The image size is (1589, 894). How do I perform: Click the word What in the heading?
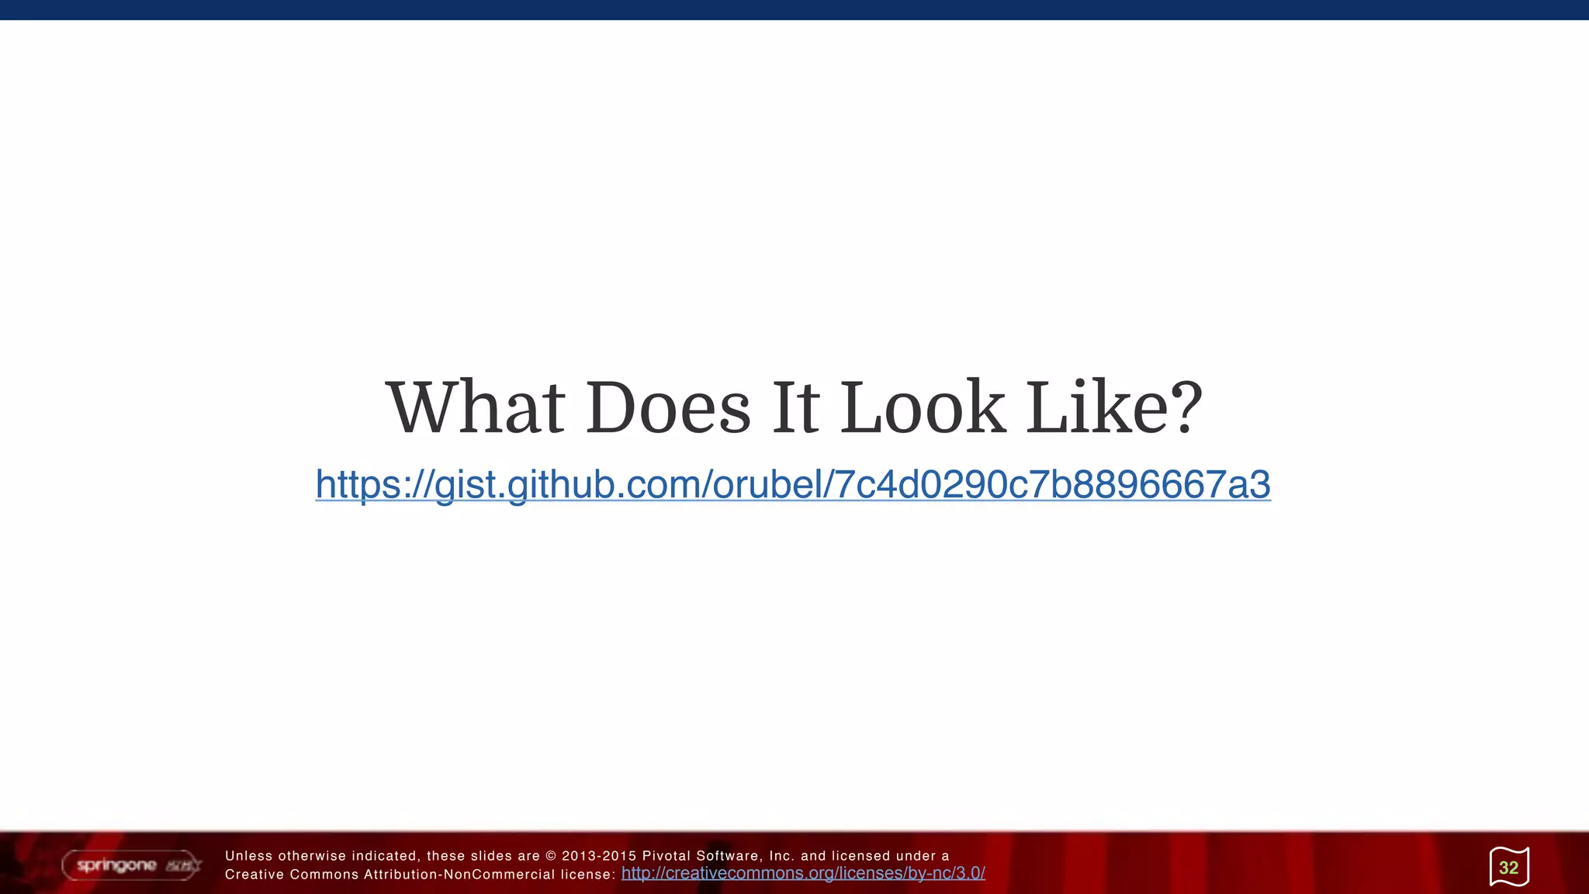coord(475,407)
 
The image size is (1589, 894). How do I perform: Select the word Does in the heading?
coord(668,407)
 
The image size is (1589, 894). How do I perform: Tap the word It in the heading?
coord(795,407)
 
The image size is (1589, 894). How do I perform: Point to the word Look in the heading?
coord(923,407)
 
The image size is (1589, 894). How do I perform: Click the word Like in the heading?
coord(1090,407)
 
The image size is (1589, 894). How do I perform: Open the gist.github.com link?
coord(793,484)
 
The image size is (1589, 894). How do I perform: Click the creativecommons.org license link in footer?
coord(803,874)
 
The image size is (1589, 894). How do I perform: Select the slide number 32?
coord(1508,868)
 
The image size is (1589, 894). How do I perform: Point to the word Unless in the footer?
coord(248,856)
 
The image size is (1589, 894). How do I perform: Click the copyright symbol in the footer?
coord(551,856)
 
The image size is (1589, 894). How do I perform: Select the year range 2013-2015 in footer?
coord(598,856)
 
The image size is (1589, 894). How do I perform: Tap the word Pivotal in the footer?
coord(666,856)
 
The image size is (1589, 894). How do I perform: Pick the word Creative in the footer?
coord(253,875)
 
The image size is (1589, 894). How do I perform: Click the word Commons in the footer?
coord(324,875)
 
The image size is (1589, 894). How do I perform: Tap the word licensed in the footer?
coord(860,856)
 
